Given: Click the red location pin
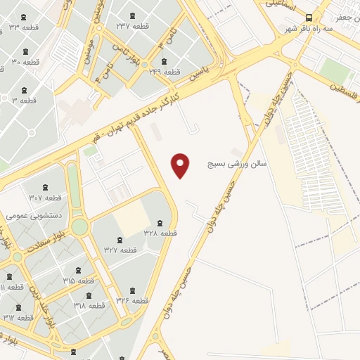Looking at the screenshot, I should click(x=181, y=165).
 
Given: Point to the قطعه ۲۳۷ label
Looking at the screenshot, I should click(x=133, y=26).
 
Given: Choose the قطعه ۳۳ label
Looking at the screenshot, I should click(x=25, y=27).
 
